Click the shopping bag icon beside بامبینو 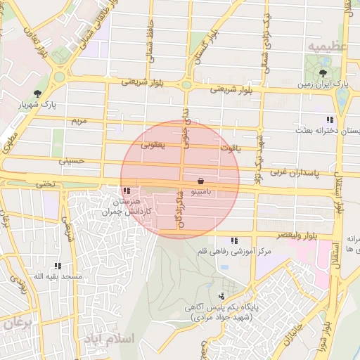pos(201,181)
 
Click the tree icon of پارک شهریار pos(37,93)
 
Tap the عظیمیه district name pos(326,46)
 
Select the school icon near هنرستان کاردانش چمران pos(126,191)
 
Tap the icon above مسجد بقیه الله pos(58,266)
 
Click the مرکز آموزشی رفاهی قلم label pos(233,251)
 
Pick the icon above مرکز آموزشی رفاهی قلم pos(233,240)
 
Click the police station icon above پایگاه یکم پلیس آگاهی pos(222,296)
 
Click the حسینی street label pos(72,161)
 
